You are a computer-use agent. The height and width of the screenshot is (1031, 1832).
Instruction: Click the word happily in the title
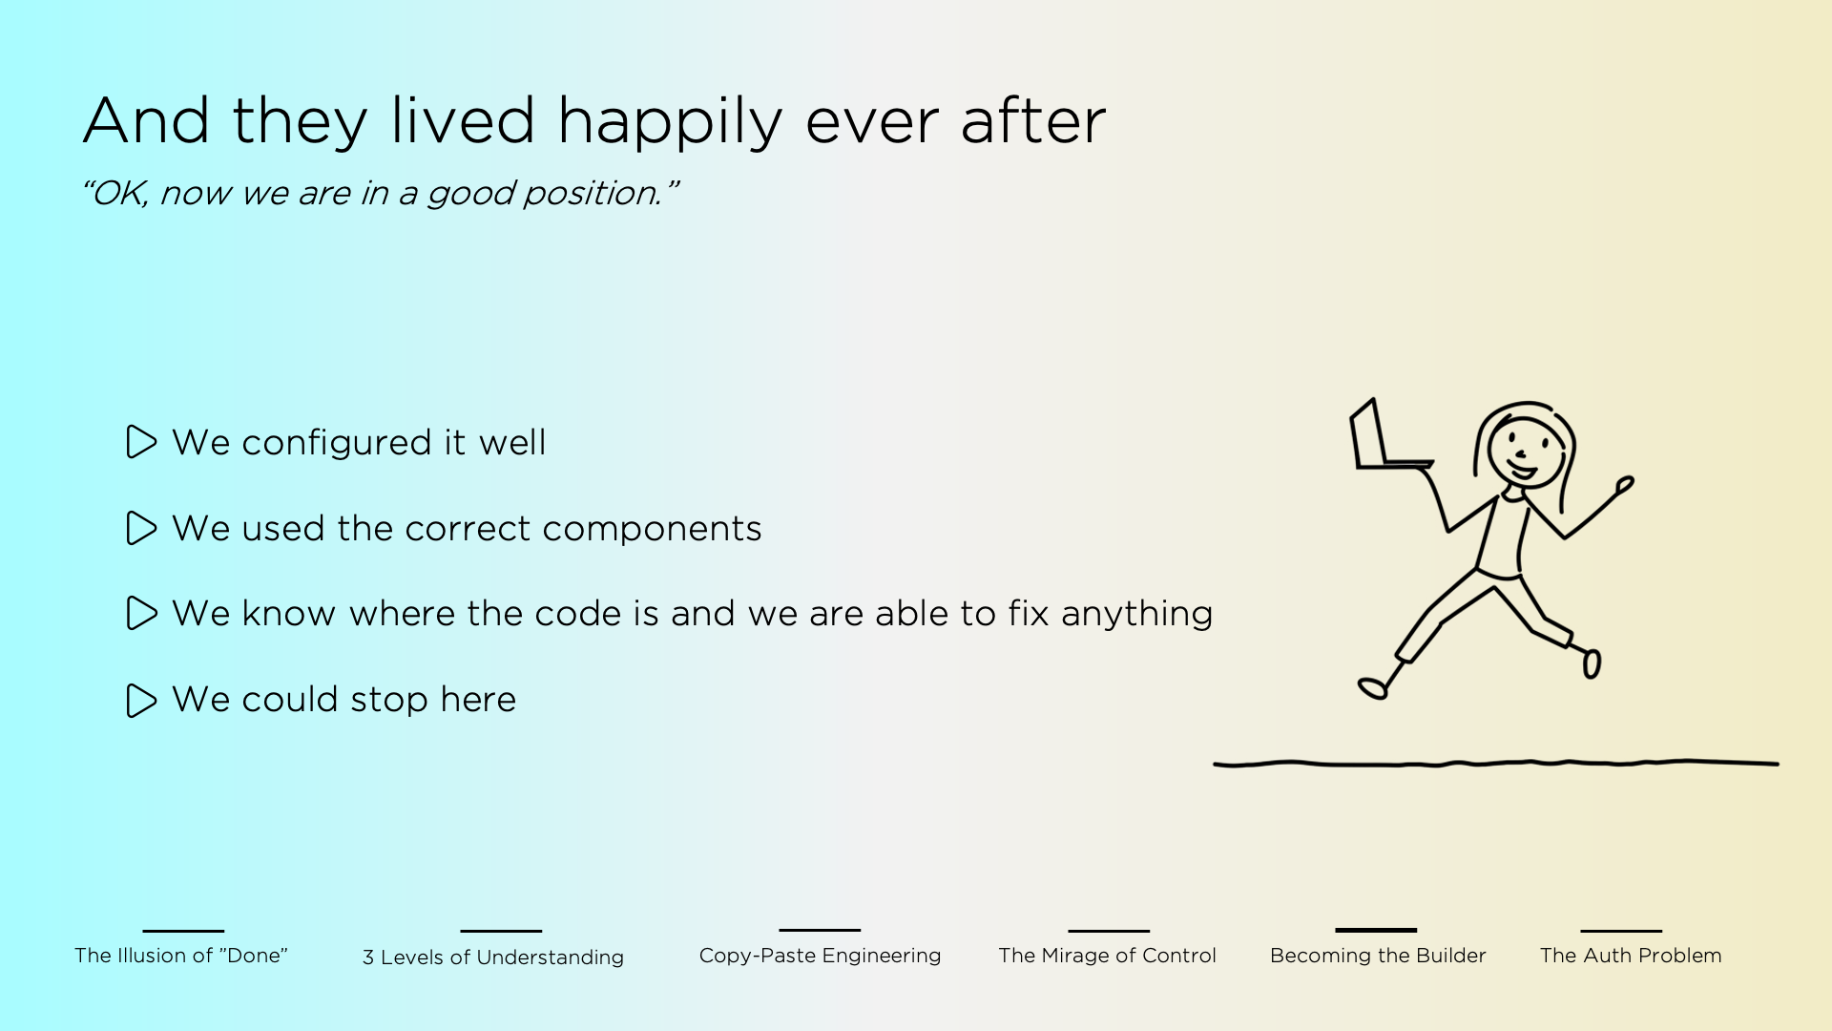[x=669, y=123]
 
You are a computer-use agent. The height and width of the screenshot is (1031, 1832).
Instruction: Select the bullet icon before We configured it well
[x=141, y=442]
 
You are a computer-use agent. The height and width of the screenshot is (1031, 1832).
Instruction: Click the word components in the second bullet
[x=652, y=529]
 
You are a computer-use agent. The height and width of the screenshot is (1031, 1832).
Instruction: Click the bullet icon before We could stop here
[x=141, y=700]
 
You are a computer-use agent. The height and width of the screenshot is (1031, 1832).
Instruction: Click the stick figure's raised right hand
[x=1625, y=486]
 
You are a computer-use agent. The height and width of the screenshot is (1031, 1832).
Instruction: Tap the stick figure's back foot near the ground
[x=1373, y=688]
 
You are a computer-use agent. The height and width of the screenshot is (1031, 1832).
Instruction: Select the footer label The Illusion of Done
[x=181, y=956]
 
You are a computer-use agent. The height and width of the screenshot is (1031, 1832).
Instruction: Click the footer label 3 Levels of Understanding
[x=493, y=957]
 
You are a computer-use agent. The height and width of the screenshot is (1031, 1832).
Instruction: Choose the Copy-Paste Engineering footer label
[x=820, y=956]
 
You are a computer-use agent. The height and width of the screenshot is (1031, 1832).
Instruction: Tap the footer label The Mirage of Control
[x=1107, y=956]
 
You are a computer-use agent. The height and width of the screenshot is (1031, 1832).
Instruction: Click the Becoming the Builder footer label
[x=1378, y=956]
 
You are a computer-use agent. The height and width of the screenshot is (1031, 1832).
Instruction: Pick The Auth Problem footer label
[x=1631, y=956]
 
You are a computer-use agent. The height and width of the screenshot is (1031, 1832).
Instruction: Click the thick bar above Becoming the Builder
[x=1376, y=930]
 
